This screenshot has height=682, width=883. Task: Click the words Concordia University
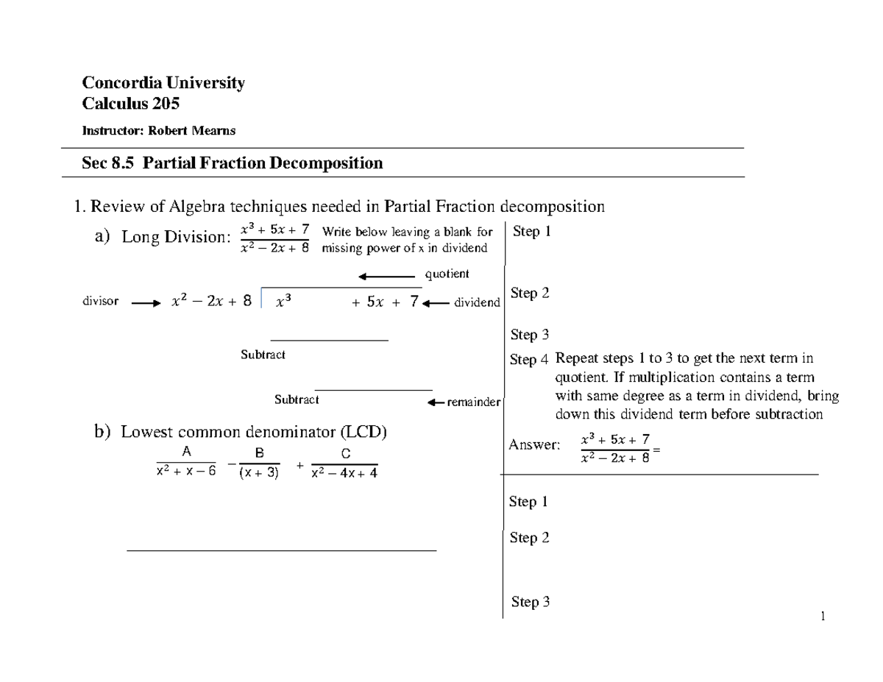click(163, 83)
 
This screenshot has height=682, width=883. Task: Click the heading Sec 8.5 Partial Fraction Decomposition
click(233, 163)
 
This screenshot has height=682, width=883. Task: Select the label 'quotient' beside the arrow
click(447, 274)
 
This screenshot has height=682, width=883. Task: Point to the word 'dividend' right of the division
click(477, 302)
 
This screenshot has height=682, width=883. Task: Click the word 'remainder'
click(474, 402)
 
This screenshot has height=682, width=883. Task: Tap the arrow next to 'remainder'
click(436, 402)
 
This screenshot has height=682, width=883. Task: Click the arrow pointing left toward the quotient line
click(386, 277)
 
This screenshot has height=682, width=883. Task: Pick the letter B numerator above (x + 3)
click(260, 454)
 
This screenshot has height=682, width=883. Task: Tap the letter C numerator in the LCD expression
click(345, 454)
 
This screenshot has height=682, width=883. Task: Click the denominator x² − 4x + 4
click(344, 474)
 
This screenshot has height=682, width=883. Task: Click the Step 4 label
click(529, 360)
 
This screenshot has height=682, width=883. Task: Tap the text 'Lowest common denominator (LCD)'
click(254, 432)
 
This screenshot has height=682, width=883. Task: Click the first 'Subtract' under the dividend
click(263, 355)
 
